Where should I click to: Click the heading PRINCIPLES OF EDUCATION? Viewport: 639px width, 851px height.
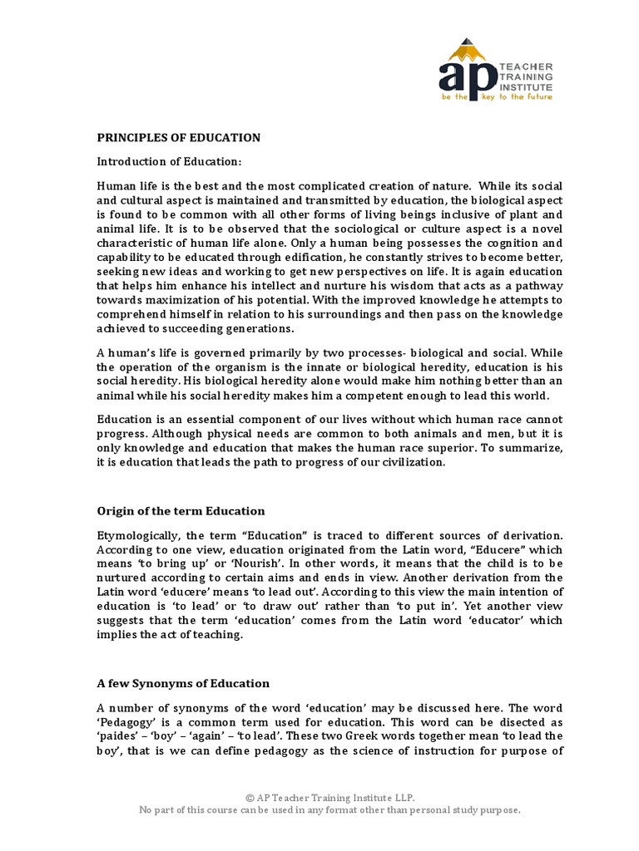point(179,137)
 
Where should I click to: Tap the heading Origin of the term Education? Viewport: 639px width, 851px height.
point(181,510)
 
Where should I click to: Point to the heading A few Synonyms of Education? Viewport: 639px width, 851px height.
point(183,683)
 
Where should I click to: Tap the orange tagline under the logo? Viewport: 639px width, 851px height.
point(496,97)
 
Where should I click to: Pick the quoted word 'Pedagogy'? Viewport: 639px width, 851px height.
point(125,721)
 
